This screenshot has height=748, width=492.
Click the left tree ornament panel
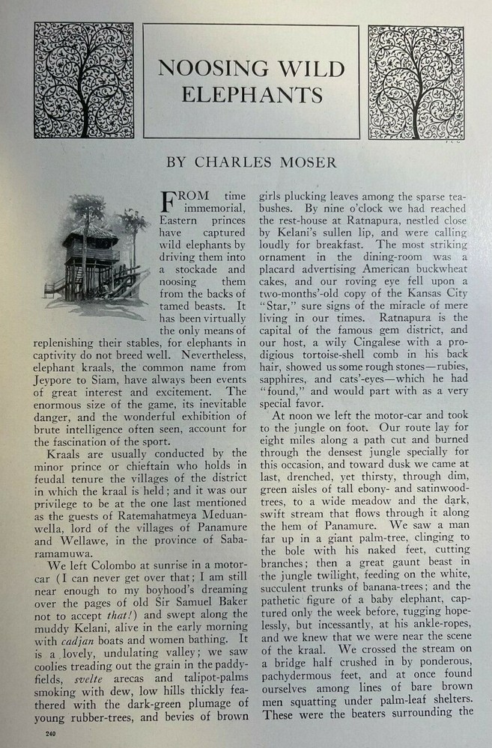click(84, 81)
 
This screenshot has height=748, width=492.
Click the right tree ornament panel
click(416, 82)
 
